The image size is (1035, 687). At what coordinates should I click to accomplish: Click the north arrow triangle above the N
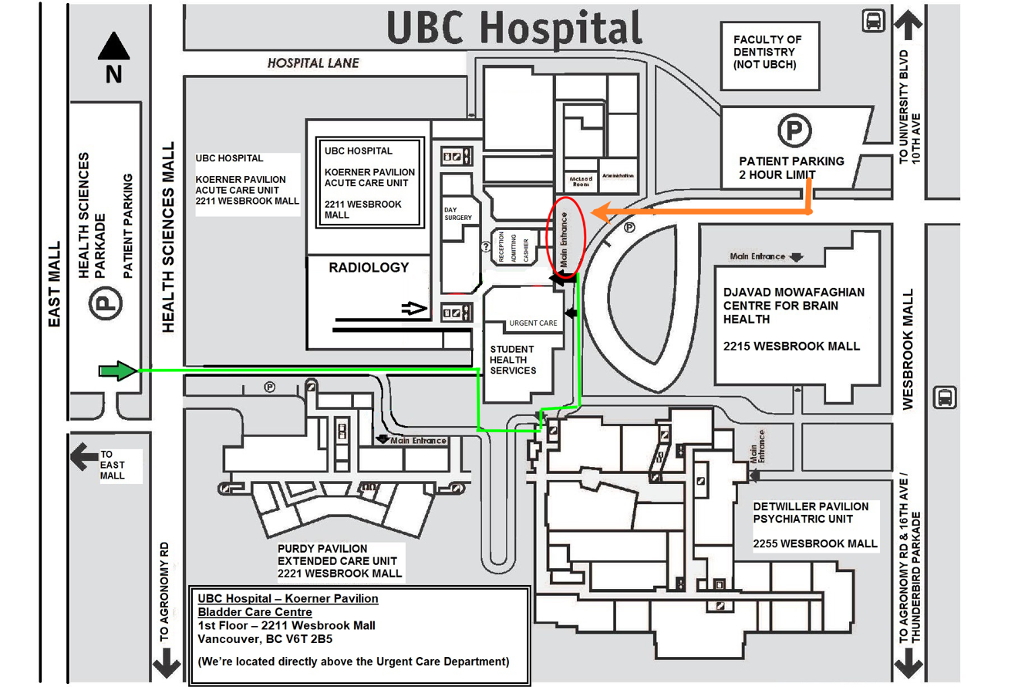(x=113, y=47)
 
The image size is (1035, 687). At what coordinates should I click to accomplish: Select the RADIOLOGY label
(x=369, y=268)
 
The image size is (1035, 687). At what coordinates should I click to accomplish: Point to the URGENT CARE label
(x=533, y=323)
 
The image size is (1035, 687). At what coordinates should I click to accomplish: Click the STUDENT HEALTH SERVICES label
(x=514, y=360)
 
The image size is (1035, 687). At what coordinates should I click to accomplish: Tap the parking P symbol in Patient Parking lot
(x=792, y=131)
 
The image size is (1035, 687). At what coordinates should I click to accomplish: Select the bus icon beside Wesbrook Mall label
(x=944, y=398)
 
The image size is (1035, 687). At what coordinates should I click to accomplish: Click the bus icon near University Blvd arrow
(x=874, y=22)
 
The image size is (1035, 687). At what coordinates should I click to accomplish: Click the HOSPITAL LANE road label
(x=313, y=63)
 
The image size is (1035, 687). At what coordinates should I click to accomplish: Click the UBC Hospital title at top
(x=514, y=28)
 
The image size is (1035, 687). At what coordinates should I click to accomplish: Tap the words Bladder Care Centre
(x=255, y=613)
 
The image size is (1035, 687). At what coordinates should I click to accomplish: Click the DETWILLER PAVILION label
(x=811, y=506)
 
